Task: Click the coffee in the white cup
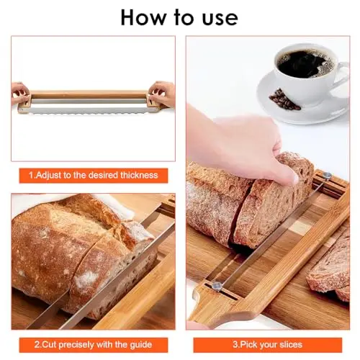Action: point(305,63)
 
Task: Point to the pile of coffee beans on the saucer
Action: point(284,99)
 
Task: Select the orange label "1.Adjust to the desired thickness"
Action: point(94,176)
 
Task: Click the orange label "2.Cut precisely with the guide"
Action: point(94,345)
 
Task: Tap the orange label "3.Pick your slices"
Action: point(267,345)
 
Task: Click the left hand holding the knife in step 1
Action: point(20,93)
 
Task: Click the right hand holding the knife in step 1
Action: point(162,94)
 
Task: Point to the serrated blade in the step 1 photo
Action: point(89,110)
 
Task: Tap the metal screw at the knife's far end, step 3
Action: point(327,176)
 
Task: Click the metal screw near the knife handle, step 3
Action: point(217,286)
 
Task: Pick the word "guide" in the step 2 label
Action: point(141,345)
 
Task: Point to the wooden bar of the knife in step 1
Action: point(89,94)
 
